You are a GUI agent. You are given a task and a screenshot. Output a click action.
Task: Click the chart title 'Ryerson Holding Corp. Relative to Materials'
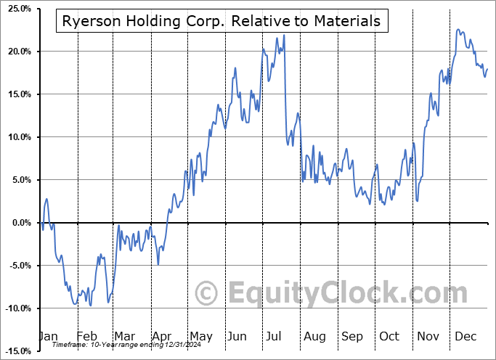pyautogui.click(x=221, y=22)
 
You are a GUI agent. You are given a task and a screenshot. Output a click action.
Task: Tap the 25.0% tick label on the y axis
pyautogui.click(x=16, y=9)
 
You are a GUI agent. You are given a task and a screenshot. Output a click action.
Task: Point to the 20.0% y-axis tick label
pyautogui.click(x=16, y=52)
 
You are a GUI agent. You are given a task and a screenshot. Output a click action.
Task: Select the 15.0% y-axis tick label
pyautogui.click(x=16, y=94)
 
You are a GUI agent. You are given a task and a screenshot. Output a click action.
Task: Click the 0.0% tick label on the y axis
pyautogui.click(x=18, y=223)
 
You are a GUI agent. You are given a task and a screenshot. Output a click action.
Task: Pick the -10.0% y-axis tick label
pyautogui.click(x=15, y=308)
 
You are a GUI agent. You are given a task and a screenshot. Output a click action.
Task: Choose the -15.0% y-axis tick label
pyautogui.click(x=15, y=351)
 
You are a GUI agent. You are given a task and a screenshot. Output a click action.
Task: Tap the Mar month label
pyautogui.click(x=124, y=336)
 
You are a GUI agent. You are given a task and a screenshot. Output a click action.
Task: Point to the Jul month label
pyautogui.click(x=275, y=336)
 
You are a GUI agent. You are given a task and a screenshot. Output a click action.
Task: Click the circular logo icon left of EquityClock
pyautogui.click(x=207, y=293)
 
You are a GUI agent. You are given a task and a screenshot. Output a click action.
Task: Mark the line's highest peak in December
pyautogui.click(x=458, y=30)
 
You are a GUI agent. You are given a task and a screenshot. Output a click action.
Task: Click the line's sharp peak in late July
pyautogui.click(x=283, y=36)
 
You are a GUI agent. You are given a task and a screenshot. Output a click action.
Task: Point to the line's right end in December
pyautogui.click(x=487, y=69)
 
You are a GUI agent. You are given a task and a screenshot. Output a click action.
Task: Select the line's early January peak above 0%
pyautogui.click(x=46, y=199)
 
